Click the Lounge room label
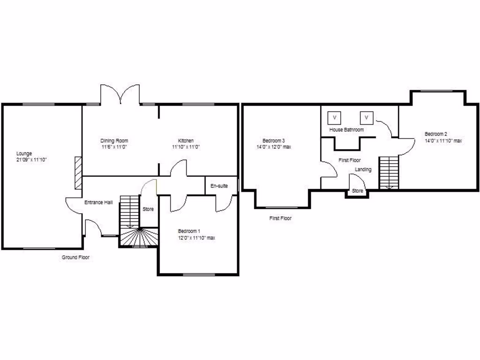(24, 153)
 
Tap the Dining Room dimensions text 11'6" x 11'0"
(114, 147)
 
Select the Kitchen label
(186, 141)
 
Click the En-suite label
(219, 186)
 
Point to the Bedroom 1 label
(189, 231)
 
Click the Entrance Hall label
(98, 202)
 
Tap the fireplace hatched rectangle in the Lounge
(78, 173)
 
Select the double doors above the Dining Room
(120, 94)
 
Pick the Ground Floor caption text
(75, 257)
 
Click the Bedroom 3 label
(274, 141)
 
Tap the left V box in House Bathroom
(335, 117)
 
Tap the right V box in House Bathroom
(367, 117)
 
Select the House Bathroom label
(346, 129)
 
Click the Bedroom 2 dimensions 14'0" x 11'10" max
(443, 141)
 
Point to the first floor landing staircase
(389, 172)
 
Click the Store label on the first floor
(357, 191)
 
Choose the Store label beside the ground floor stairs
(148, 209)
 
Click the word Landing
(363, 169)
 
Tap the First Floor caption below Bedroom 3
(281, 218)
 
